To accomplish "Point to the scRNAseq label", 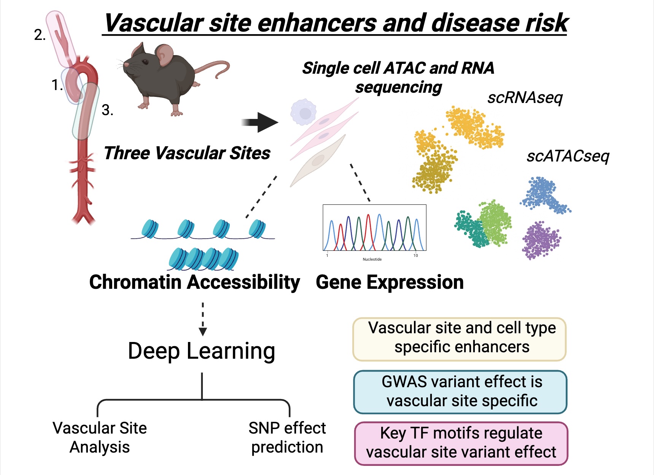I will [525, 98].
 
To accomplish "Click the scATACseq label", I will [568, 156].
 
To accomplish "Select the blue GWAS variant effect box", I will [460, 392].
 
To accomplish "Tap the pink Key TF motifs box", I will [461, 443].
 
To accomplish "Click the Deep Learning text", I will [202, 351].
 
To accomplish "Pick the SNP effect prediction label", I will [287, 437].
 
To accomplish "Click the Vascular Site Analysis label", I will [100, 437].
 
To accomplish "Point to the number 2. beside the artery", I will [40, 35].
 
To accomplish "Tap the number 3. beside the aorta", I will [107, 110].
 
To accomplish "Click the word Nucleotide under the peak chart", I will [372, 259].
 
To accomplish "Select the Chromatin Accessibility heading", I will [194, 282].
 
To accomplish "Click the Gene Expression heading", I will [390, 282].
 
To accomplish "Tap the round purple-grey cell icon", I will [304, 112].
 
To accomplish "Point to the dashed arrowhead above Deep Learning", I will [203, 332].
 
